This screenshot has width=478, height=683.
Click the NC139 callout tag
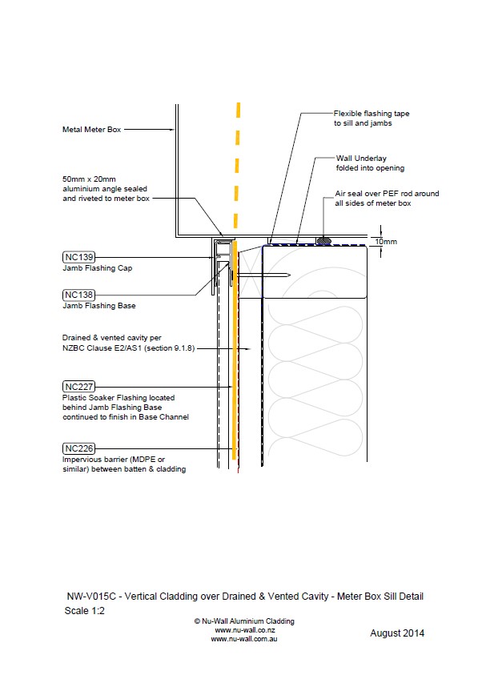[78, 257]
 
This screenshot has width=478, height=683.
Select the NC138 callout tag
[78, 295]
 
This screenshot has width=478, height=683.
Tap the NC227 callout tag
[78, 387]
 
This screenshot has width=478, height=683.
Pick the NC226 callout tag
[78, 448]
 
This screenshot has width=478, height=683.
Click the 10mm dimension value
[386, 241]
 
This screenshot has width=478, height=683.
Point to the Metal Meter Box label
[91, 130]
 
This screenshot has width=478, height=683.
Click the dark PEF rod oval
[323, 240]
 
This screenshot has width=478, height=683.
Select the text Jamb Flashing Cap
[97, 268]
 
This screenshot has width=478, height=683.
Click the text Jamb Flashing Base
[99, 306]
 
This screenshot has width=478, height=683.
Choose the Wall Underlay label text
[361, 158]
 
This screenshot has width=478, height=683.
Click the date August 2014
[397, 633]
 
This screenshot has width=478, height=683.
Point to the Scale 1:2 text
[85, 611]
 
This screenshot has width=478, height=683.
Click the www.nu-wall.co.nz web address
[244, 630]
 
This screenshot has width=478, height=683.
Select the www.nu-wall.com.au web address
[244, 639]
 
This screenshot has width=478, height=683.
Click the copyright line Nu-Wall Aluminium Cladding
[244, 621]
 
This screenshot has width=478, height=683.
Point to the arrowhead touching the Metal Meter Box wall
[173, 130]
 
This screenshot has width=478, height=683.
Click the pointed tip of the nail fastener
[290, 275]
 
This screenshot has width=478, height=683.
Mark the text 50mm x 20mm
[89, 179]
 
